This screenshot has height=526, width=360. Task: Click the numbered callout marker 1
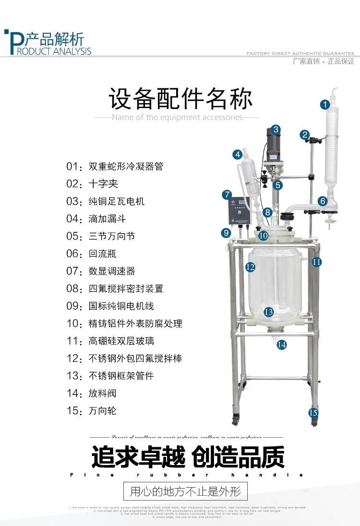(325, 104)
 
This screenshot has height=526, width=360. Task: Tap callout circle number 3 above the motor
(276, 130)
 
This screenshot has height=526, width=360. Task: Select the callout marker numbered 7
(227, 195)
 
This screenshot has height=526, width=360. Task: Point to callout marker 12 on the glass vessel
(250, 267)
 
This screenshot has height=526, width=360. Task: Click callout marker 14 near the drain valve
(282, 344)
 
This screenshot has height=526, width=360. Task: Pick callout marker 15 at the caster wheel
(313, 412)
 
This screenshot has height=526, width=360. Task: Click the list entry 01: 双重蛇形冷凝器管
(115, 167)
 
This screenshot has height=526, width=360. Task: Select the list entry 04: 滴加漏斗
(96, 219)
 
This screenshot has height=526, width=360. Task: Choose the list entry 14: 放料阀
(92, 394)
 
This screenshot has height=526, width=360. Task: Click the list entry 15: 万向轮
(92, 411)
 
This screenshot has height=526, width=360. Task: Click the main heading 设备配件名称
(180, 99)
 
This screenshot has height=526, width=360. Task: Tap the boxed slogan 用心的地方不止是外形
(185, 491)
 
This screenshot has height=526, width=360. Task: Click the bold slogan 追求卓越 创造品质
(188, 457)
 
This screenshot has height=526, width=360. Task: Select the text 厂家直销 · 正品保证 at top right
(323, 61)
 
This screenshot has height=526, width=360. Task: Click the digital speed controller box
(239, 210)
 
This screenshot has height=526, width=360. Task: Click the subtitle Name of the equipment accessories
(177, 118)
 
